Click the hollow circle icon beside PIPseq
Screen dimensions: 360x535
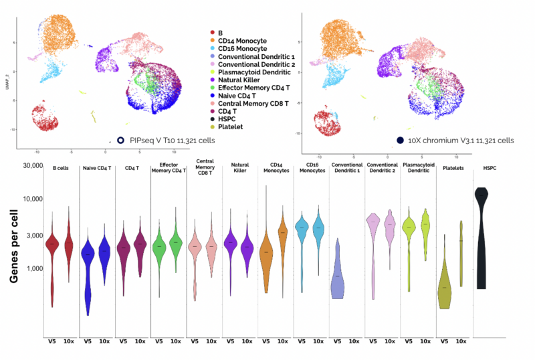pyautogui.click(x=120, y=140)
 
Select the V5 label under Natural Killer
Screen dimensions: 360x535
pyautogui.click(x=230, y=341)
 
